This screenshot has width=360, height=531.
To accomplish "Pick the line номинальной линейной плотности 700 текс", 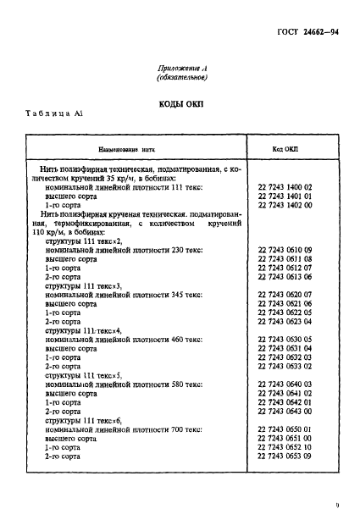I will [124, 429].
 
